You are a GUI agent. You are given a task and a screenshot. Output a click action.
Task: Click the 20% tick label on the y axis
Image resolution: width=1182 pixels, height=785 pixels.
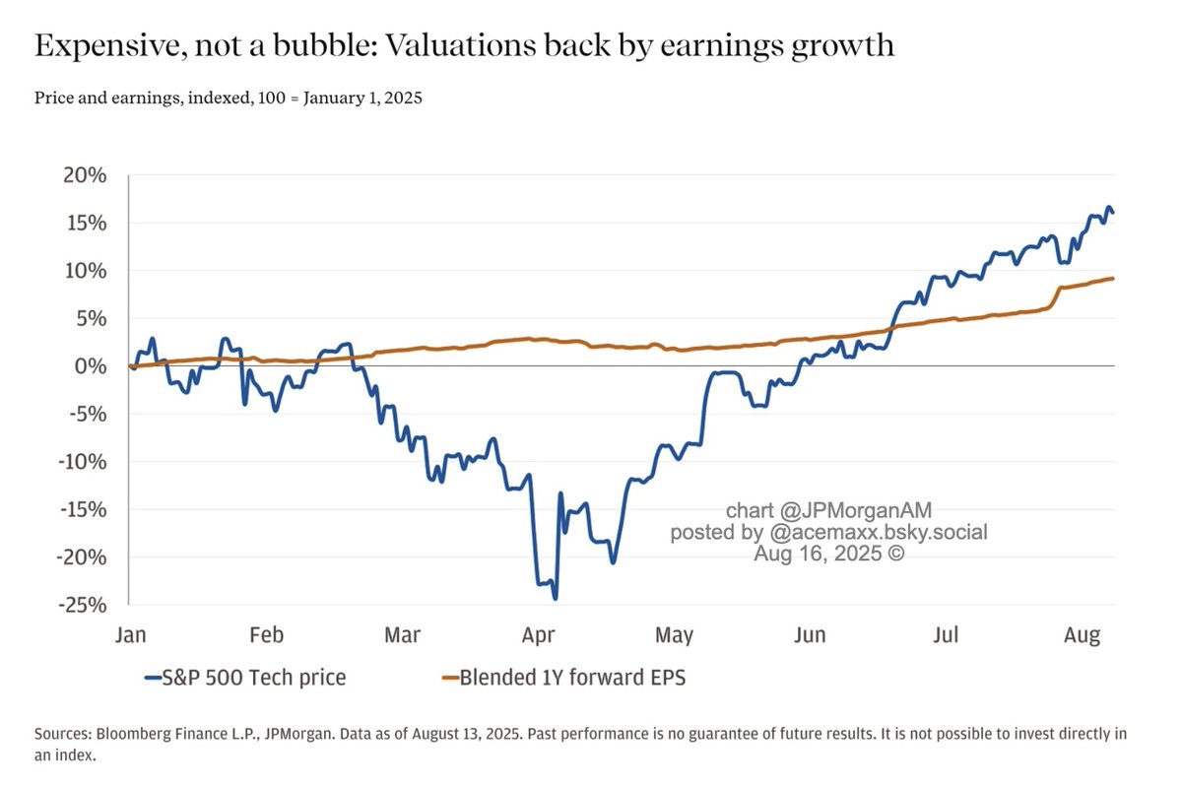[85, 175]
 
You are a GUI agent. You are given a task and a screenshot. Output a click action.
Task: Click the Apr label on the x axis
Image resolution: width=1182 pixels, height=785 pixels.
[538, 635]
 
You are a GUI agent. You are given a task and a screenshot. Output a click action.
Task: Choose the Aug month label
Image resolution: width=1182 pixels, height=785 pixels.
[1082, 635]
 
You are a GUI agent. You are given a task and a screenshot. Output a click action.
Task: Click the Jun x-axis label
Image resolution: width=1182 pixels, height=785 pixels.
[810, 635]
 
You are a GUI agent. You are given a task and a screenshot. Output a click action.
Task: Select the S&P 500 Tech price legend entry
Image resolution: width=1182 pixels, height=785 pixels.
[245, 678]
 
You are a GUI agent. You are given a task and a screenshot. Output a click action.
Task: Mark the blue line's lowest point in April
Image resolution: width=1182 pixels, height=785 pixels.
[556, 598]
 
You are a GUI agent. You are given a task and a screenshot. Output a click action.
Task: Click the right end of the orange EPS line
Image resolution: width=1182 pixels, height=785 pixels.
[1113, 279]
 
